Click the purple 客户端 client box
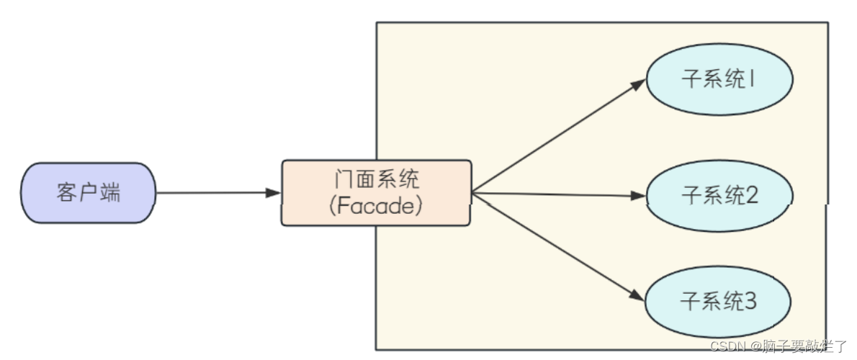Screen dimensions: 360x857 click(x=89, y=192)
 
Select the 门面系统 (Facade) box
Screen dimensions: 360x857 click(x=376, y=193)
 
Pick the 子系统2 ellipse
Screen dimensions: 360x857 click(x=719, y=195)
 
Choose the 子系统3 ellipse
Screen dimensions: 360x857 click(x=719, y=301)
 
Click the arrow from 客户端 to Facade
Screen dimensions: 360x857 click(x=216, y=193)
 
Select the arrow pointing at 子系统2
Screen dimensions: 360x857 click(x=555, y=194)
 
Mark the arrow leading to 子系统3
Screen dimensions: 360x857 click(x=555, y=245)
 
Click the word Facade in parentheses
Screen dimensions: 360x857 click(x=375, y=207)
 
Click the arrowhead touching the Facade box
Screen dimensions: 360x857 click(x=274, y=193)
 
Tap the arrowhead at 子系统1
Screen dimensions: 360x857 click(x=638, y=84)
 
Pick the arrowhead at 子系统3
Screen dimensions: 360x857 click(x=637, y=296)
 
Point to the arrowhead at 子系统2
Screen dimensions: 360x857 click(x=638, y=195)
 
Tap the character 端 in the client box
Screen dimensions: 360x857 click(x=110, y=193)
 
